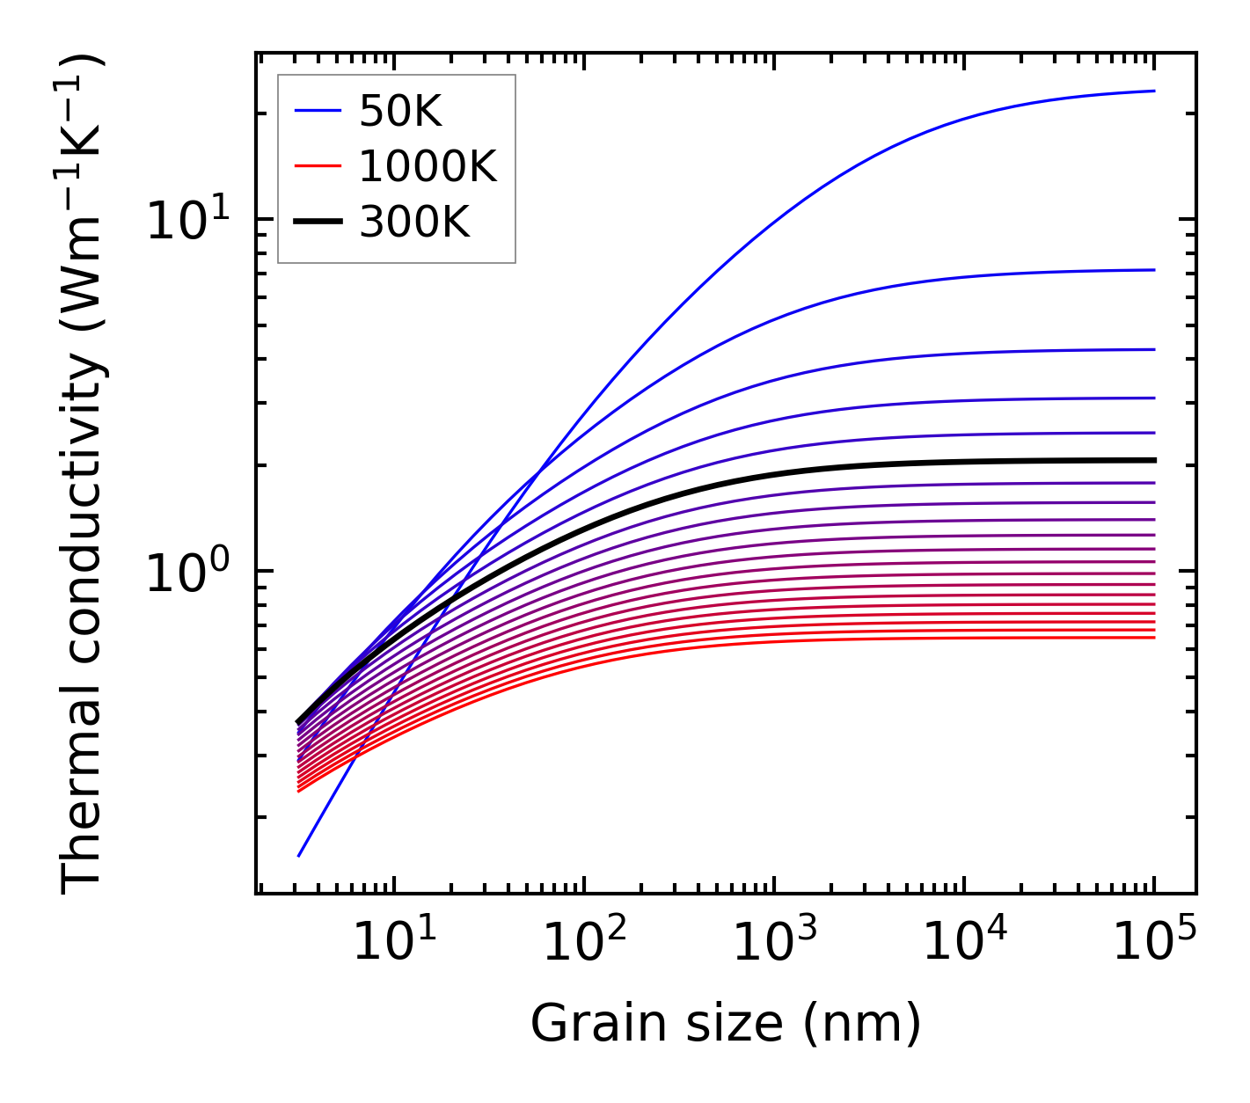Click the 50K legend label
pyautogui.click(x=400, y=112)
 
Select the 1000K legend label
pyautogui.click(x=428, y=166)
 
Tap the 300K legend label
pyautogui.click(x=414, y=223)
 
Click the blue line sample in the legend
pyautogui.click(x=318, y=111)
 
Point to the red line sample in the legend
pyautogui.click(x=318, y=166)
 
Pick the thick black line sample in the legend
pyautogui.click(x=318, y=223)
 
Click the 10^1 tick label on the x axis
pyautogui.click(x=394, y=943)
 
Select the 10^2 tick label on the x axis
pyautogui.click(x=584, y=943)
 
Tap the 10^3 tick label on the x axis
pyautogui.click(x=774, y=943)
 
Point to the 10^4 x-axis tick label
pyautogui.click(x=964, y=943)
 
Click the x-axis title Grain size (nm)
pyautogui.click(x=726, y=1024)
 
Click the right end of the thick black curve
pyautogui.click(x=1154, y=460)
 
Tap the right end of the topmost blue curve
pyautogui.click(x=1154, y=91)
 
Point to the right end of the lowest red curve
pyautogui.click(x=1154, y=637)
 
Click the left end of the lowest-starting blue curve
pyautogui.click(x=299, y=855)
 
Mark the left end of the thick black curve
pyautogui.click(x=299, y=722)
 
